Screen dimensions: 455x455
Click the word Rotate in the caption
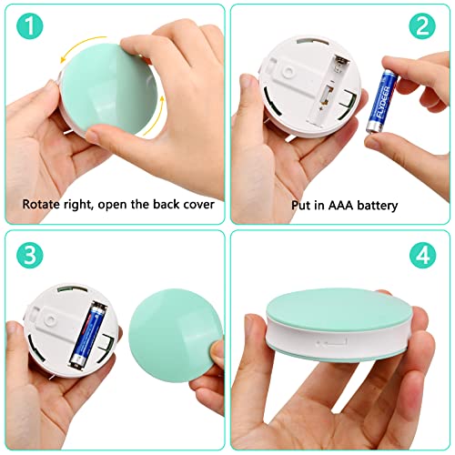42,204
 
